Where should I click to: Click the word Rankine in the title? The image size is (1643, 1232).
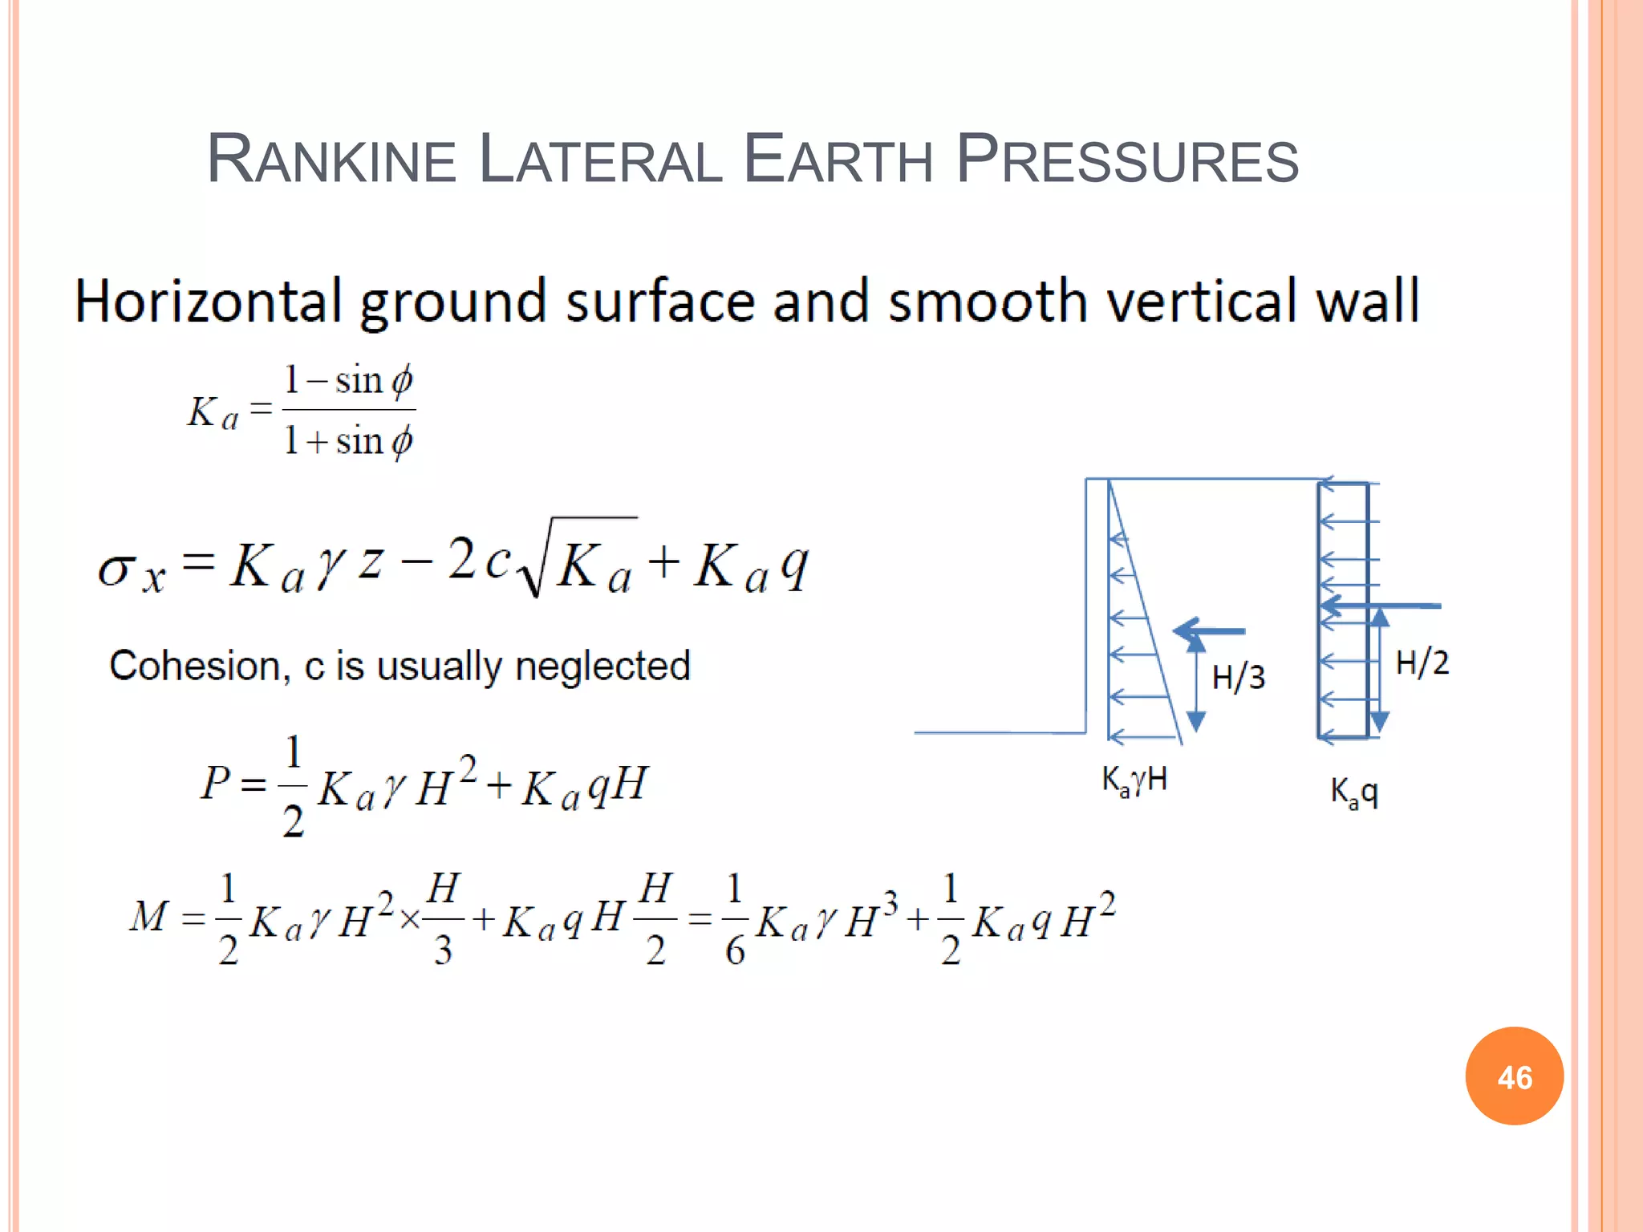tap(331, 159)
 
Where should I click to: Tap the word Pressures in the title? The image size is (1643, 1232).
tap(1126, 159)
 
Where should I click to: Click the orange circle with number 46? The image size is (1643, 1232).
tap(1514, 1076)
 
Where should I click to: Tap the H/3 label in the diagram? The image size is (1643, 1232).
tap(1238, 678)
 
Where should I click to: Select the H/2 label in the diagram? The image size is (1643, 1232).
tap(1422, 663)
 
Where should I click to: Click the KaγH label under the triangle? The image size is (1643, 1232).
tap(1134, 780)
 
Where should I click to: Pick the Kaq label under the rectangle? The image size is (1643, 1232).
tap(1354, 792)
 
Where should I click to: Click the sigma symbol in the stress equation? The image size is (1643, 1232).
tap(115, 569)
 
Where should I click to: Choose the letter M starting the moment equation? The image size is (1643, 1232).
tap(149, 916)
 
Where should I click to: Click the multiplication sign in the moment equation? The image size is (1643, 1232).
tap(409, 919)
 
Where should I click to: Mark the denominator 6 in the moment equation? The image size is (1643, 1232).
tap(735, 951)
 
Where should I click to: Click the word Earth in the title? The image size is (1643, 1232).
tap(838, 159)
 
